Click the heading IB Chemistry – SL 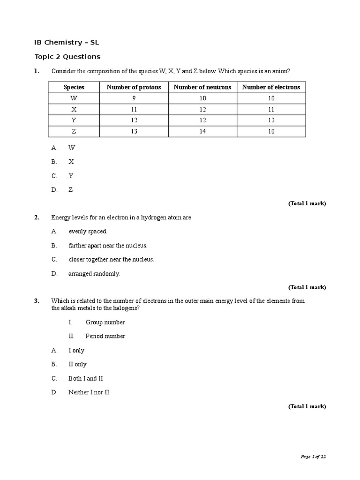(x=67, y=43)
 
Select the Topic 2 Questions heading (x=67, y=57)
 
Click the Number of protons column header (x=134, y=87)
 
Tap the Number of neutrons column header (x=202, y=87)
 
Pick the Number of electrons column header (x=271, y=87)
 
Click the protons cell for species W (x=134, y=98)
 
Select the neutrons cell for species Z (x=202, y=131)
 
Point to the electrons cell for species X (x=271, y=109)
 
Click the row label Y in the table (x=74, y=120)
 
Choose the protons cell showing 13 (x=134, y=131)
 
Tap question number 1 (x=37, y=71)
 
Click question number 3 (x=37, y=301)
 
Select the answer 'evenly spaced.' (x=88, y=231)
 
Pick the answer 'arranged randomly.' (x=94, y=274)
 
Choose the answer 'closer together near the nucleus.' (x=111, y=259)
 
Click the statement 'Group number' (x=105, y=322)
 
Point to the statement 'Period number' (x=105, y=336)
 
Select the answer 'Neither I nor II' (x=89, y=392)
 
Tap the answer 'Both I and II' (x=85, y=378)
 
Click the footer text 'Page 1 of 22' (x=313, y=457)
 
